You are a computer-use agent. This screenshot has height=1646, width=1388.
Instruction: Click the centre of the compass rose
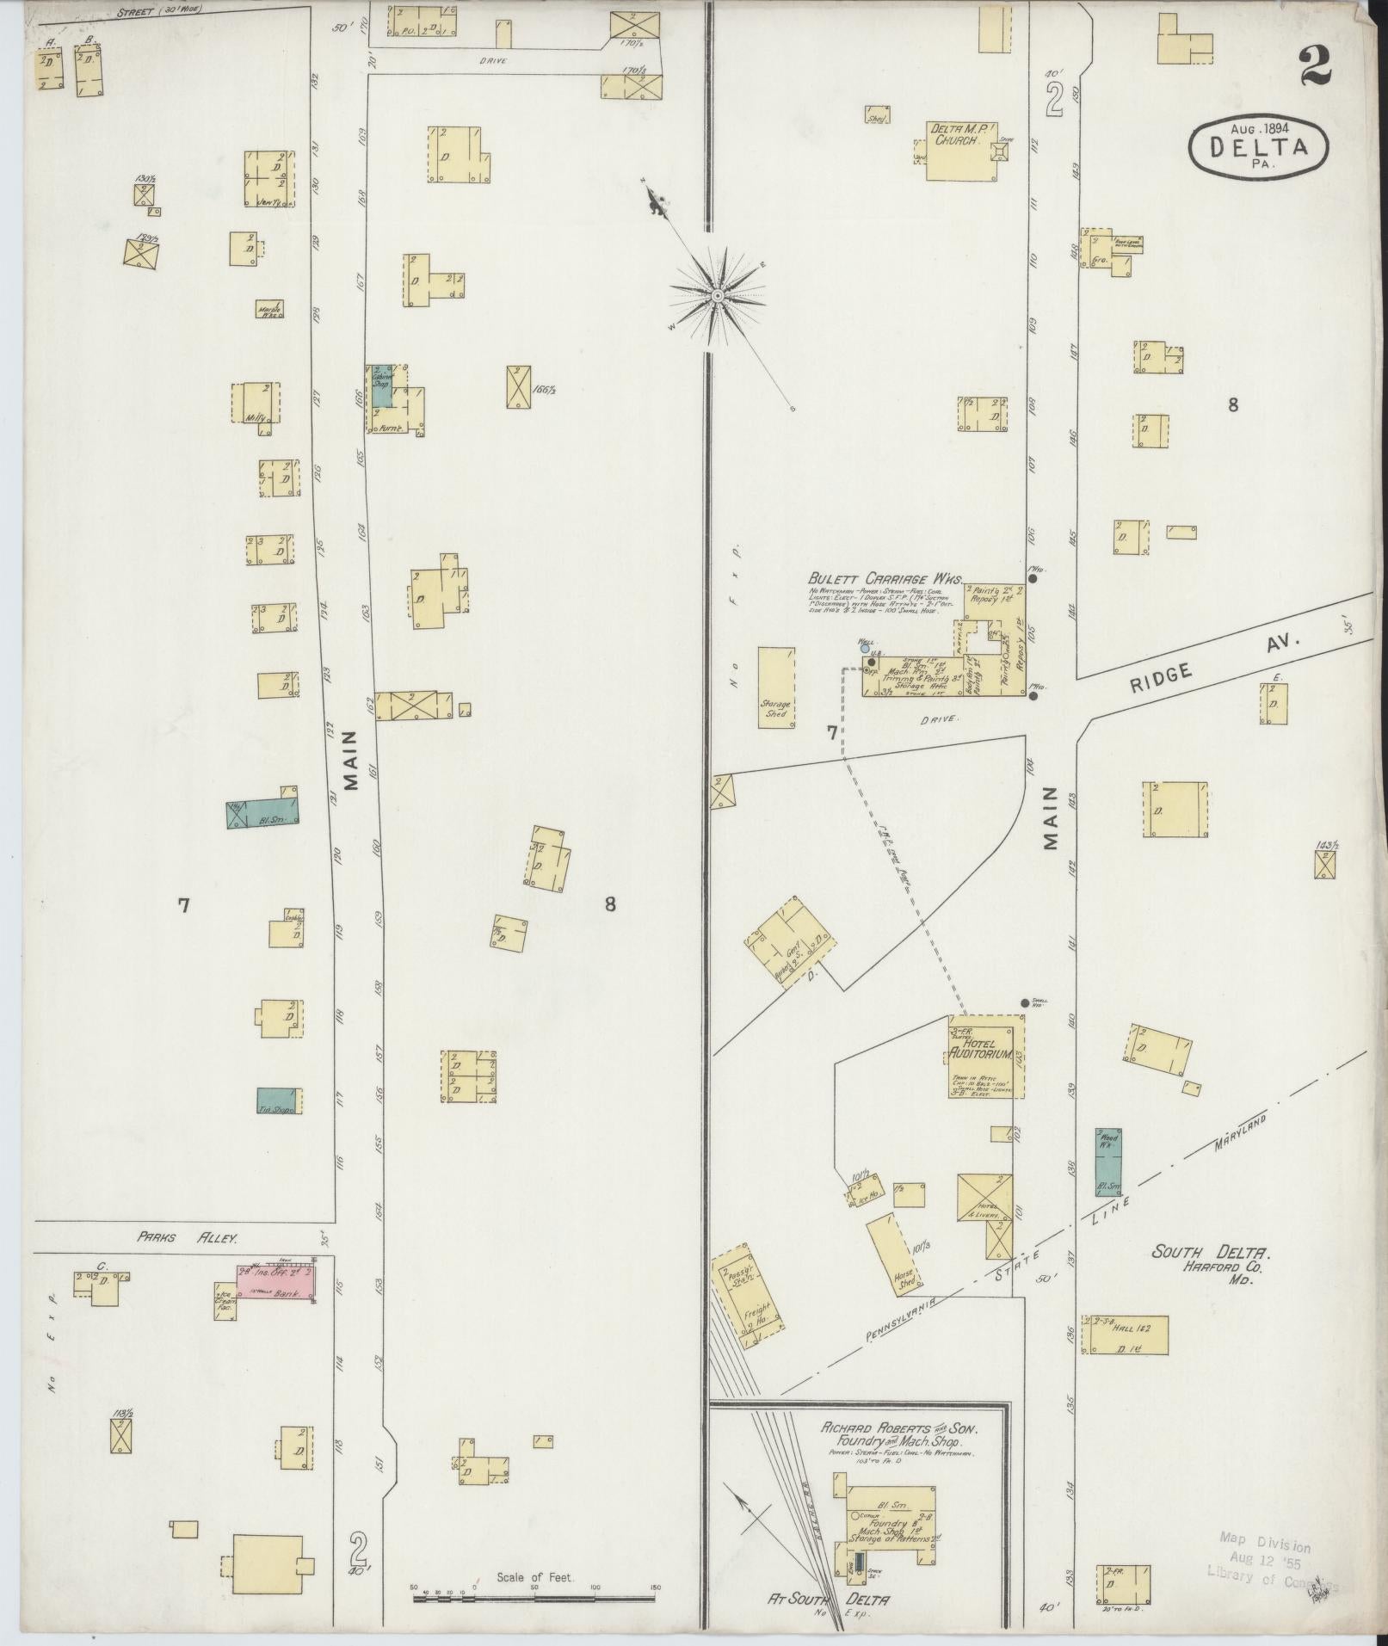(717, 296)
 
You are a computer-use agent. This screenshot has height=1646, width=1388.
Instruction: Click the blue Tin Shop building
(280, 1101)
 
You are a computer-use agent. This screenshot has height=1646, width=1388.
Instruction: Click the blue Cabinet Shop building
(381, 385)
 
